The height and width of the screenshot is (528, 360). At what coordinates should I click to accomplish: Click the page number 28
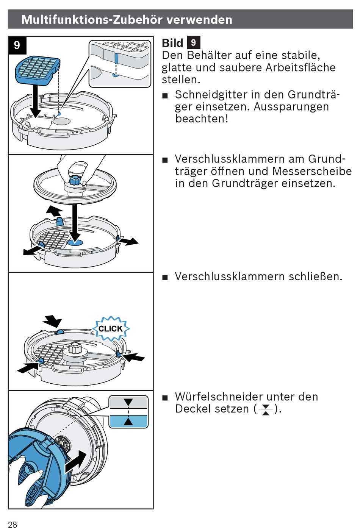tap(13, 524)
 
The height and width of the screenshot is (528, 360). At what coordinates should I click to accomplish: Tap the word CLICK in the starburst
tap(111, 328)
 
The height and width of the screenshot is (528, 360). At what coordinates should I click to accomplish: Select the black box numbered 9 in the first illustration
tap(17, 45)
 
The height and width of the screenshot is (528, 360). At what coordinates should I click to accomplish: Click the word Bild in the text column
tap(172, 43)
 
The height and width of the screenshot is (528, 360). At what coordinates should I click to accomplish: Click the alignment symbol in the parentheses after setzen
tap(266, 409)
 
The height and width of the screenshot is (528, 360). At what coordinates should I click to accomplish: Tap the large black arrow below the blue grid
tap(35, 101)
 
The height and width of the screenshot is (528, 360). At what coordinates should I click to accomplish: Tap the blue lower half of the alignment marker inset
tap(128, 421)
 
